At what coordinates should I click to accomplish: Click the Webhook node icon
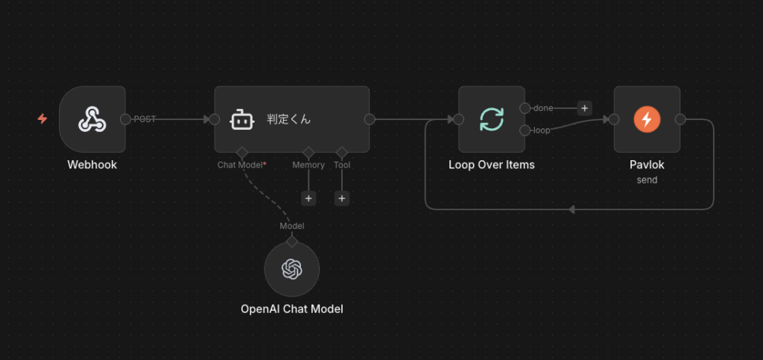(92, 119)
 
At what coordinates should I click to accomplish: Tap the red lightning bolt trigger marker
(42, 119)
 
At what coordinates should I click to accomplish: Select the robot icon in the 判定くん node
(243, 119)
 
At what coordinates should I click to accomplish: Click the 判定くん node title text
(288, 119)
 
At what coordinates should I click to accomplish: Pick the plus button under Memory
(308, 198)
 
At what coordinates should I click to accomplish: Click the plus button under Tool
(342, 198)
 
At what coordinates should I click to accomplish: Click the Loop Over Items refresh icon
(492, 119)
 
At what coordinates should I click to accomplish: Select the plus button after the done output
(584, 108)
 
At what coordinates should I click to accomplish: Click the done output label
(543, 108)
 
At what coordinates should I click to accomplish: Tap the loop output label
(542, 130)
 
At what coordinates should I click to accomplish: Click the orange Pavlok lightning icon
(647, 119)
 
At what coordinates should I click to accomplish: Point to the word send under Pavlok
(647, 180)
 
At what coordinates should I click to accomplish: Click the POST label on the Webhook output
(145, 119)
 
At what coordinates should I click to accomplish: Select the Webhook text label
(92, 165)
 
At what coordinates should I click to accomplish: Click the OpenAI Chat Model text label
(292, 309)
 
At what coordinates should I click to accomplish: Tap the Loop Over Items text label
(492, 165)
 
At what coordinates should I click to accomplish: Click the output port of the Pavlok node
(680, 119)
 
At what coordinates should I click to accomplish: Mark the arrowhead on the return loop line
(572, 209)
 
